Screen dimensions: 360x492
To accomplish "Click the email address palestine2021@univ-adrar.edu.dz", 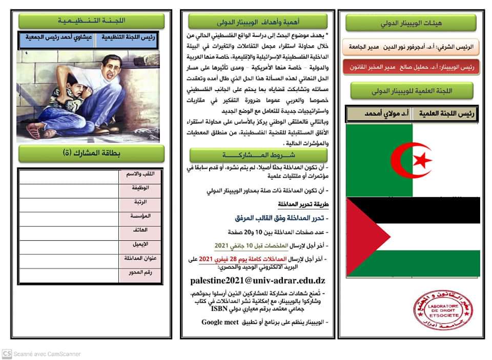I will click(x=257, y=281).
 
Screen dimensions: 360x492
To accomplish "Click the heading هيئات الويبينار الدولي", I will click(x=411, y=23).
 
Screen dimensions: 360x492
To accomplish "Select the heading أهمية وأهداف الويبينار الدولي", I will click(x=257, y=22).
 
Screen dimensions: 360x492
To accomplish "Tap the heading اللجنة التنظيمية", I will click(x=92, y=21).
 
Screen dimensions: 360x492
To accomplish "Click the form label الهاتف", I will click(x=139, y=230).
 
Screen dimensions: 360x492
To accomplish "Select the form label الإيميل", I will click(x=139, y=244).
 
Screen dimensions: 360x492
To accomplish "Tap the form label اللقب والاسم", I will click(x=139, y=174).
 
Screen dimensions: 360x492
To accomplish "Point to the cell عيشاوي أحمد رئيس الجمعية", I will click(x=56, y=39).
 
